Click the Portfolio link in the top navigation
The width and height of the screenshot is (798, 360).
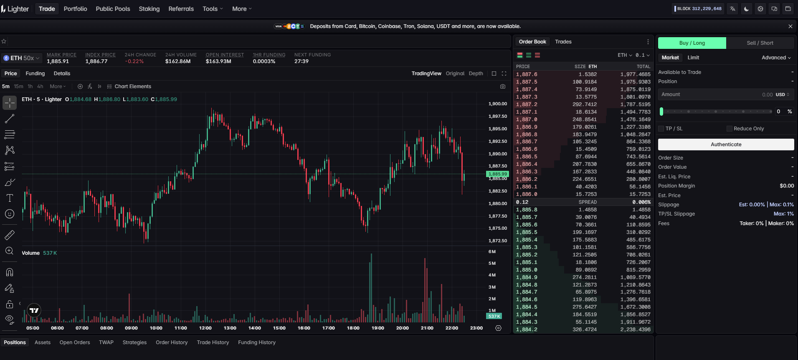point(75,9)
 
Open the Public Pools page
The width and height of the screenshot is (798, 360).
point(113,9)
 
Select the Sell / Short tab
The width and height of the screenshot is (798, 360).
point(760,43)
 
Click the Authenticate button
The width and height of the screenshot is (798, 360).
point(726,145)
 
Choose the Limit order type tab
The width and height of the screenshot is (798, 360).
point(693,58)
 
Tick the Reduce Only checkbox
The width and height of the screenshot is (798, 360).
point(729,129)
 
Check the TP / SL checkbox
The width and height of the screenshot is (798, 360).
point(661,129)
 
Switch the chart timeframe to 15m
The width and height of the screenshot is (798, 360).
point(18,86)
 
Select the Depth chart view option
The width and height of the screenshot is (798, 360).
point(476,74)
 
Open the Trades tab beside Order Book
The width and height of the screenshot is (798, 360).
point(563,42)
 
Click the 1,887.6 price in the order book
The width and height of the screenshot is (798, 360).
point(527,74)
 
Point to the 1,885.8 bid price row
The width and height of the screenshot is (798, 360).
point(527,210)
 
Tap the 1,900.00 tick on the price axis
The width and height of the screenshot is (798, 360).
point(498,104)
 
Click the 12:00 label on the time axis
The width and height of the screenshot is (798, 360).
point(205,328)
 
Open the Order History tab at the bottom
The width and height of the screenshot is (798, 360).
point(172,342)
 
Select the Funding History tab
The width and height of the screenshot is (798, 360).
point(257,342)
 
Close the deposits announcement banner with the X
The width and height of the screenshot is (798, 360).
point(790,26)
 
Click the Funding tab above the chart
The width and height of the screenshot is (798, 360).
point(35,74)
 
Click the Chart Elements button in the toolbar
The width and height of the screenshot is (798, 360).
point(129,86)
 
